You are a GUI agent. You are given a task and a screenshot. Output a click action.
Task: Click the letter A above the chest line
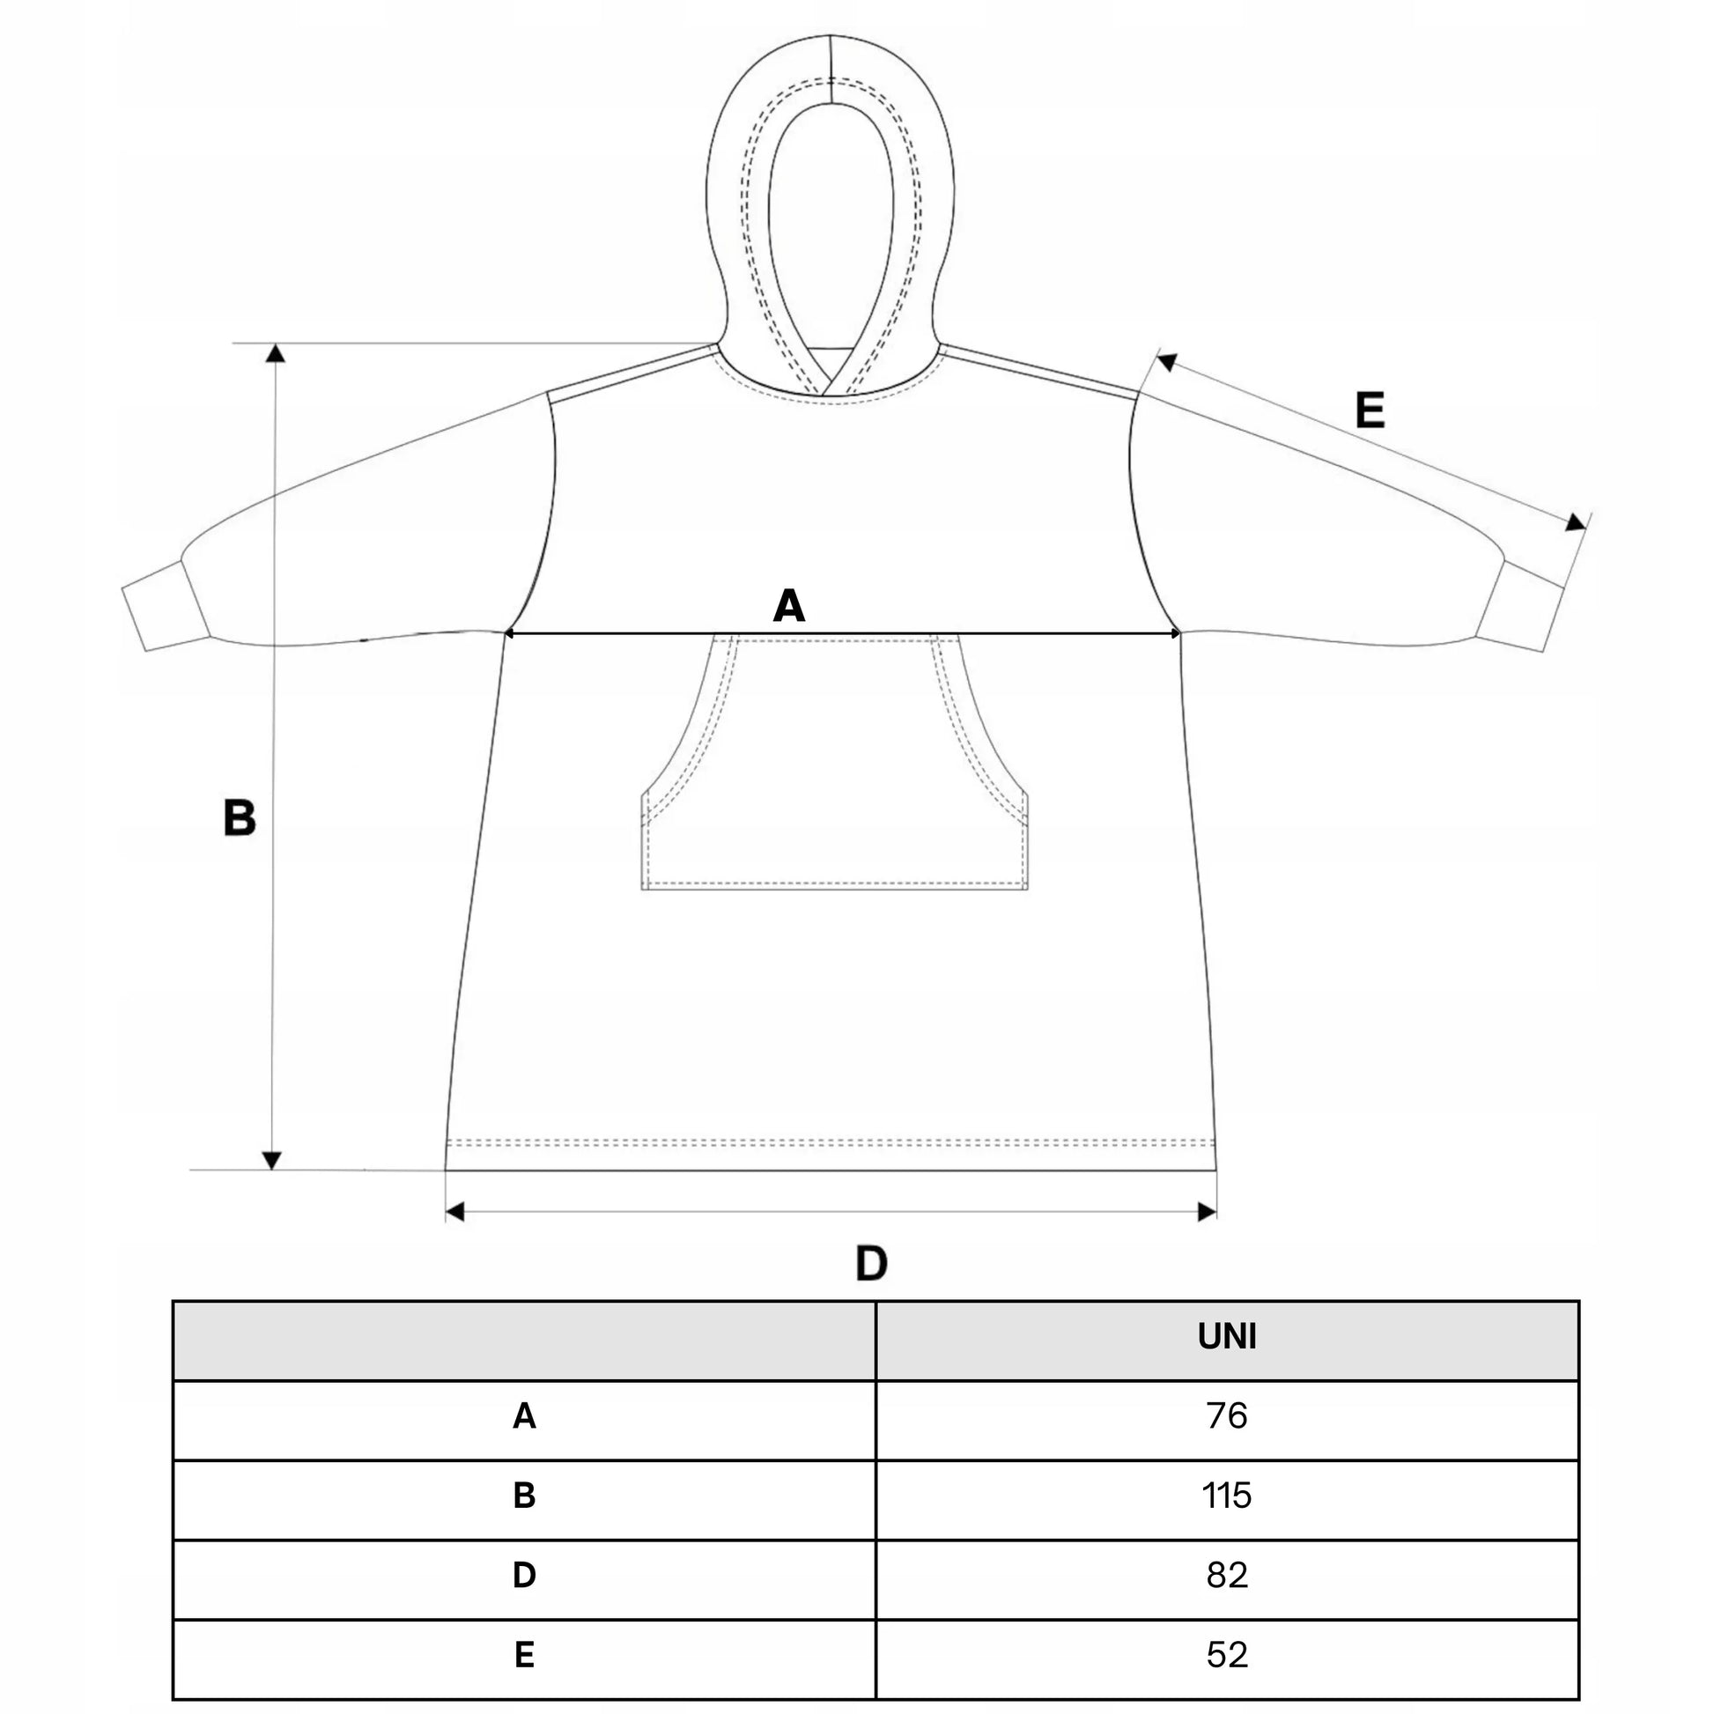point(788,607)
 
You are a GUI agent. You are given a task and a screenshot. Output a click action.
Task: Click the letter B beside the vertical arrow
point(240,818)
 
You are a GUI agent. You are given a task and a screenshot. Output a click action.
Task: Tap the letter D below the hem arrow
point(871,1263)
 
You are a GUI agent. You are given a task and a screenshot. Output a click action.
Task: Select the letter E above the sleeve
point(1370,410)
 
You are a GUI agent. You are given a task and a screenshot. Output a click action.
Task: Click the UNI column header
point(1227,1337)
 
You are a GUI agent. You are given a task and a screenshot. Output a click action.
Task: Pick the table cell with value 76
point(1227,1416)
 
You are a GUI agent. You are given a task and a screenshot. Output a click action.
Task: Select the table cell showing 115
point(1227,1496)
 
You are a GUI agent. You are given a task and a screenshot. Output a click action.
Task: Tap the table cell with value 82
point(1227,1576)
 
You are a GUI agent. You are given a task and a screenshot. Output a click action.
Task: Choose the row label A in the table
point(524,1417)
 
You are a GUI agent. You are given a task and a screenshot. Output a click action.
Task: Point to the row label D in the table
point(524,1576)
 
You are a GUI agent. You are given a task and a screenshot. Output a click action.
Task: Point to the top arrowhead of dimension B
point(276,353)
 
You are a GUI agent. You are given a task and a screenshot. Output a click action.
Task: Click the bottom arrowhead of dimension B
point(272,1160)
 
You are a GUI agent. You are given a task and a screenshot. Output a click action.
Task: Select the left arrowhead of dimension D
point(455,1212)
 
